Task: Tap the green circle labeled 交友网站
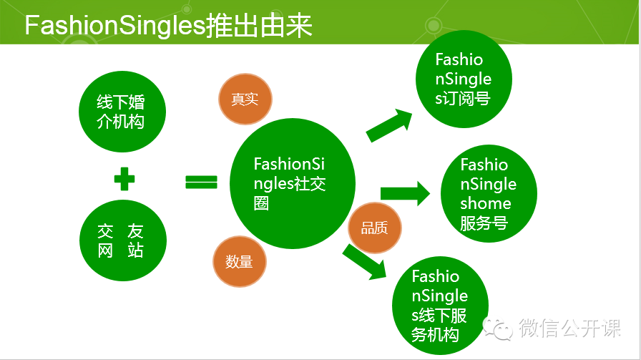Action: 122,240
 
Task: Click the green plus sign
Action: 124,179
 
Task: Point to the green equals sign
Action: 201,182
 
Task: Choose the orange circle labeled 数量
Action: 240,262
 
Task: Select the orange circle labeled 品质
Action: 375,228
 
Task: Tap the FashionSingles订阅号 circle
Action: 464,79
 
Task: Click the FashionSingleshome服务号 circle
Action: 488,194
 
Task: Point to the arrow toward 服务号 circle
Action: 404,193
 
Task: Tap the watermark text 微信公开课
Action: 571,329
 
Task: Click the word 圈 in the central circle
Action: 262,203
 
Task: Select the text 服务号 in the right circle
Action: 484,223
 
